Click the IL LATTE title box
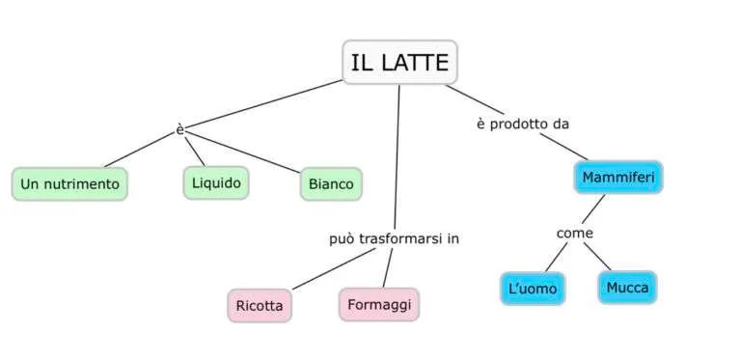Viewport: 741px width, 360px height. click(x=399, y=62)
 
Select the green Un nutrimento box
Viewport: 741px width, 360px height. click(x=69, y=183)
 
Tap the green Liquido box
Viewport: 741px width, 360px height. click(x=216, y=182)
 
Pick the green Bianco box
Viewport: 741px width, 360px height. click(x=331, y=183)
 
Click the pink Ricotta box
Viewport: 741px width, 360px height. click(x=260, y=306)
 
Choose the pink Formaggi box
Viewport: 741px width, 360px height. click(x=379, y=305)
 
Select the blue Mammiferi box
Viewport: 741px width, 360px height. click(x=618, y=178)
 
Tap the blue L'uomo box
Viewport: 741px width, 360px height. click(x=533, y=289)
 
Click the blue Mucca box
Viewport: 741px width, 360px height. click(x=627, y=288)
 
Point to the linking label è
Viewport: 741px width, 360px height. click(x=180, y=130)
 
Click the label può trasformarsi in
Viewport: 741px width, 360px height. click(x=394, y=239)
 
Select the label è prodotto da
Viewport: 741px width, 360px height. click(x=523, y=125)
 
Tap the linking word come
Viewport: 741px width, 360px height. click(x=575, y=234)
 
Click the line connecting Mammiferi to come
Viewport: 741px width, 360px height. click(x=593, y=208)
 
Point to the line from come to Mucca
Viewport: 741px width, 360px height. click(x=597, y=257)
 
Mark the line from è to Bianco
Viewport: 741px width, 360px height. click(x=243, y=152)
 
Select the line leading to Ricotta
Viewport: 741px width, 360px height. click(x=334, y=269)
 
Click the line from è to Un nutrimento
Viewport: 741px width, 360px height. click(x=139, y=150)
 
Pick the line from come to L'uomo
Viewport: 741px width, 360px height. click(x=556, y=257)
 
